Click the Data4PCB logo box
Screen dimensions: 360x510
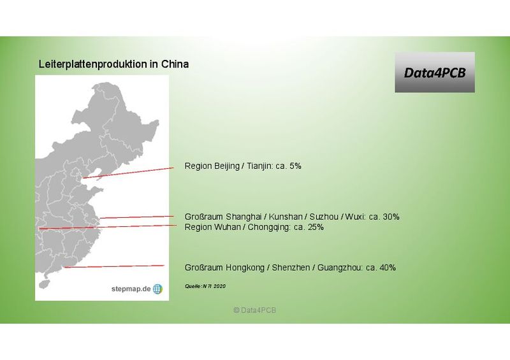(434, 73)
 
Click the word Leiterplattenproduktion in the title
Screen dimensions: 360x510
(89, 65)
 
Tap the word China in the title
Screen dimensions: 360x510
(175, 65)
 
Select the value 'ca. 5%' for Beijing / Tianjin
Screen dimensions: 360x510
(288, 166)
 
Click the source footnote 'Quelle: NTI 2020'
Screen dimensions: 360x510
(205, 286)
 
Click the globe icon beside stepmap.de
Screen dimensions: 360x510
(157, 289)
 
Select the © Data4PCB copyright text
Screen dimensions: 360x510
(254, 310)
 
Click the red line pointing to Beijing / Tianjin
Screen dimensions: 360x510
(127, 173)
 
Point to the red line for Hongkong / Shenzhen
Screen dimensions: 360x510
(115, 266)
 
